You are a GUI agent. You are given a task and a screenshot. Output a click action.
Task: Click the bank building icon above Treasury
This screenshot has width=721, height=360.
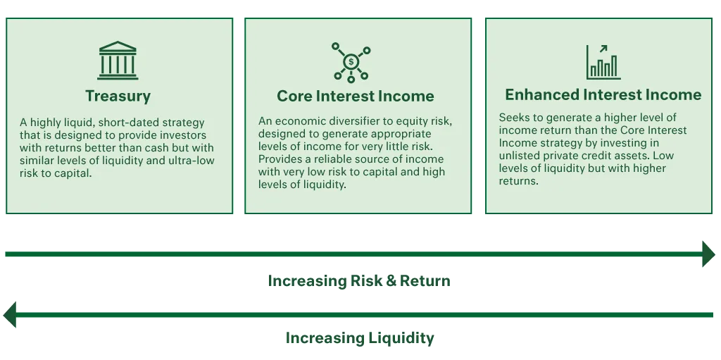pos(118,61)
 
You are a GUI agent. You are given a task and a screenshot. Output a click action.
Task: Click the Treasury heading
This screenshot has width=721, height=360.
pos(118,96)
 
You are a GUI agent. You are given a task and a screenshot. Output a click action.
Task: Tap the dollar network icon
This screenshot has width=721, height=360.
pos(351,62)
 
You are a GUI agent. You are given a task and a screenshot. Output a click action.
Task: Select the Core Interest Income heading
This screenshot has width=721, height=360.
pos(356,97)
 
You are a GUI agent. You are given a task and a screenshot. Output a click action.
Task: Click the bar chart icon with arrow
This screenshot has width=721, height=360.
pos(603,62)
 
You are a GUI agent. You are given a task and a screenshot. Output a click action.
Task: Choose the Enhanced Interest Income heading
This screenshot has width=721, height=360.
pos(603,95)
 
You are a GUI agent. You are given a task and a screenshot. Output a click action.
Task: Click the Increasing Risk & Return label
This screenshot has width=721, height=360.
pos(358,281)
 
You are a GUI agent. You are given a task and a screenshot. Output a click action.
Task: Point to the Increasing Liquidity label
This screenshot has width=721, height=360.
pos(358,338)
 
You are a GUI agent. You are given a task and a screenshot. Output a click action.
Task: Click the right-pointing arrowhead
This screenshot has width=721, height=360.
pos(708,252)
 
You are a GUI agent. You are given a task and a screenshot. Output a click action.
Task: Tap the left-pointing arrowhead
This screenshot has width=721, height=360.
pos(9,315)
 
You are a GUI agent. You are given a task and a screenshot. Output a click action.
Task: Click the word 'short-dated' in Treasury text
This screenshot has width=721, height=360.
pos(130,122)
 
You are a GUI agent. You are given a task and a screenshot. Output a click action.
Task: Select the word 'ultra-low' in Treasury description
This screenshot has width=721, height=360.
pos(190,161)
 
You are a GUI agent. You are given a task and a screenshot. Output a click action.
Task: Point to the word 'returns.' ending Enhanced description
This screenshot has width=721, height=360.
pos(518,181)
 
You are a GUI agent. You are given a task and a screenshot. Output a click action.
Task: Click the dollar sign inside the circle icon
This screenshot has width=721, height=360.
pos(351,62)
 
